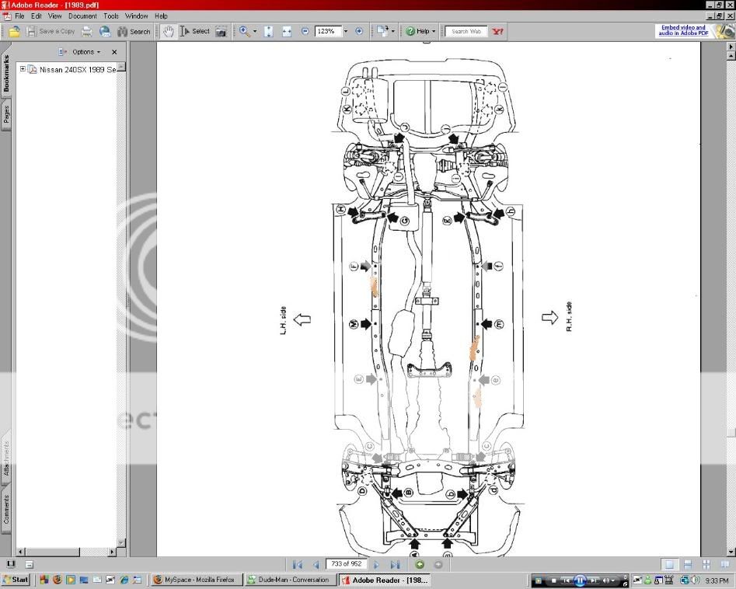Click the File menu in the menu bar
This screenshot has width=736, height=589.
point(19,16)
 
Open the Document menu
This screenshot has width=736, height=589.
point(82,16)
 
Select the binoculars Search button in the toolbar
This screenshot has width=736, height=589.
point(134,32)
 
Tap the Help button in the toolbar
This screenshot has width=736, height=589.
point(421,31)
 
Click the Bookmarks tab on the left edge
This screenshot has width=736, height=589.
point(6,74)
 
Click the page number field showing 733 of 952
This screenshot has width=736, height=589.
point(346,565)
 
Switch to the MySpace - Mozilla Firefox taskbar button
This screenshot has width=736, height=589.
point(194,580)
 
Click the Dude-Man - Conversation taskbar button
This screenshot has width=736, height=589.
point(289,580)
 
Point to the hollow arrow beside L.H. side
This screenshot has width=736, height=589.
point(304,319)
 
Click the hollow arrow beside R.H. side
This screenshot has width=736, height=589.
point(549,318)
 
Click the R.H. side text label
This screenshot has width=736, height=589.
point(569,317)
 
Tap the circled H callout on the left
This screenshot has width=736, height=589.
point(340,210)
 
